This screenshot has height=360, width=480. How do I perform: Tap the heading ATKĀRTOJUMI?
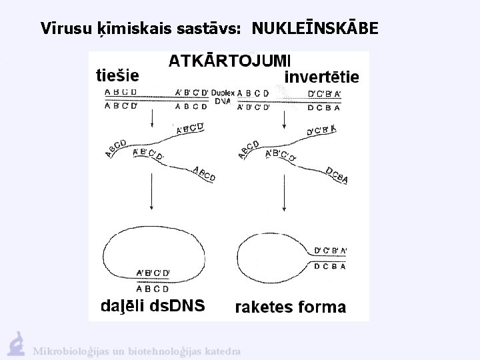[x=225, y=61]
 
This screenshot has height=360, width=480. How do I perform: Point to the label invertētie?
[x=321, y=77]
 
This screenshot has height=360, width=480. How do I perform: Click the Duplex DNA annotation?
[x=223, y=97]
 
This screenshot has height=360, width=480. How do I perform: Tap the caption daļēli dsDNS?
[x=152, y=306]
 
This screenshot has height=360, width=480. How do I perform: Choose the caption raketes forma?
[x=291, y=307]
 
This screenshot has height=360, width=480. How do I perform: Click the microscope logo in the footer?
[x=16, y=343]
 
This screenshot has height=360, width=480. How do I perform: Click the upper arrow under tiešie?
[x=154, y=118]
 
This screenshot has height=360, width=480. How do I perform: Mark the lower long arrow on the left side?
[x=154, y=197]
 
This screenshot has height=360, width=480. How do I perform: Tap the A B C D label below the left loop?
[x=153, y=289]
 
